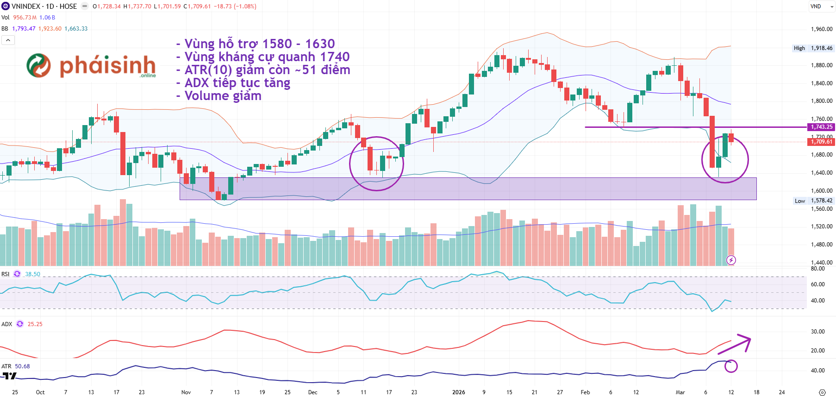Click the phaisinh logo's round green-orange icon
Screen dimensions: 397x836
tap(38, 65)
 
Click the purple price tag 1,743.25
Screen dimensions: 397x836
tap(821, 127)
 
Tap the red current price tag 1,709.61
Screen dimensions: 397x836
tap(821, 142)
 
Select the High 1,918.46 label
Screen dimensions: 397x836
tap(813, 48)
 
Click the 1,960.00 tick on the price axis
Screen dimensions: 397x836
tap(821, 29)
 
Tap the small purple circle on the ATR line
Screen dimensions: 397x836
tap(731, 366)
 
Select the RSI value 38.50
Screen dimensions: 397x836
tap(32, 274)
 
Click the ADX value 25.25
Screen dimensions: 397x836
tap(35, 324)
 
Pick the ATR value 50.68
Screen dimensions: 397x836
tap(22, 366)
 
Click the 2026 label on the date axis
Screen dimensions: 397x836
tap(458, 392)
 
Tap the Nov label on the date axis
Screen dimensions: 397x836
tap(186, 392)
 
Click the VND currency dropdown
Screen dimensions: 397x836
tap(821, 6)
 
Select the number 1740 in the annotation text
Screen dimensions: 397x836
tap(335, 57)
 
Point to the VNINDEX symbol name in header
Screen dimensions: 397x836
tap(25, 6)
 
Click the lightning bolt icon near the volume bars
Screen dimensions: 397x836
tap(731, 260)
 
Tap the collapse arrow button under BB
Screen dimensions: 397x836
tap(8, 40)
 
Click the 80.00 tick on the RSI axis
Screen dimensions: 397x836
tap(817, 269)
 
